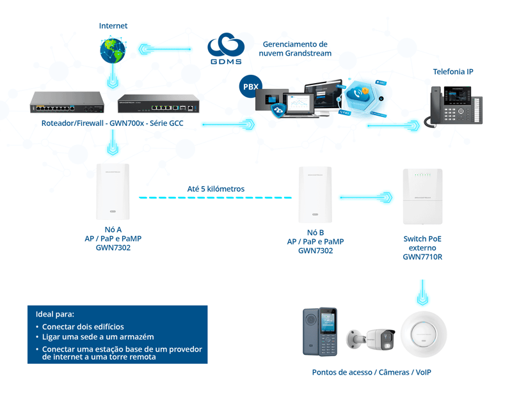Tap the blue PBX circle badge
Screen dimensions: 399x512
tap(250, 85)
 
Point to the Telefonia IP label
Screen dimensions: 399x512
tap(452, 72)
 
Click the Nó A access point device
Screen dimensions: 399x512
tap(113, 191)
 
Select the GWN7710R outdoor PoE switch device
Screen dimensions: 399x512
tap(422, 196)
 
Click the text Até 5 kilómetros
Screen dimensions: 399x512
tap(216, 189)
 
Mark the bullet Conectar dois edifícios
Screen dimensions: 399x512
tap(83, 327)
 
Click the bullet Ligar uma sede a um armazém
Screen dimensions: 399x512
tap(98, 336)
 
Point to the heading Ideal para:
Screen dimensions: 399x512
tap(55, 314)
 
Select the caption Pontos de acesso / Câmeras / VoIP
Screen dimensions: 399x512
tap(371, 372)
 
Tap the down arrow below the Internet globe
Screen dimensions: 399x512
tap(113, 79)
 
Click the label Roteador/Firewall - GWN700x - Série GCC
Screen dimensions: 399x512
tap(112, 123)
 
